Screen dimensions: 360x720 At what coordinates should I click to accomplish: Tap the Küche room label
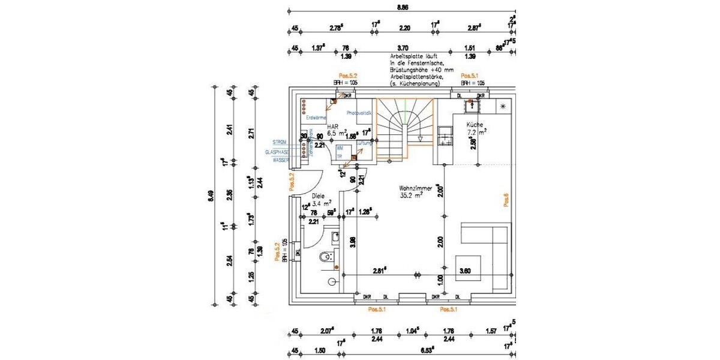tap(477, 125)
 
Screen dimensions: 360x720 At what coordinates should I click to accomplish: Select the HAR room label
tap(332, 127)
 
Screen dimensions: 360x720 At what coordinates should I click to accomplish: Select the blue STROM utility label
tap(280, 142)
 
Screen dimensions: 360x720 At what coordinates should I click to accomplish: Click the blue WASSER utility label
tap(280, 160)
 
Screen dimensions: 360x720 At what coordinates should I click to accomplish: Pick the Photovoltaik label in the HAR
tap(360, 113)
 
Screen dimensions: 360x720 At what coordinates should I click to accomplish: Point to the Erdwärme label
tap(316, 118)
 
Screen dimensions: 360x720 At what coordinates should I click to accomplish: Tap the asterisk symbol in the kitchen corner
tap(503, 106)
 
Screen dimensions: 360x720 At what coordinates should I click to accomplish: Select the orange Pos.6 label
tap(506, 200)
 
